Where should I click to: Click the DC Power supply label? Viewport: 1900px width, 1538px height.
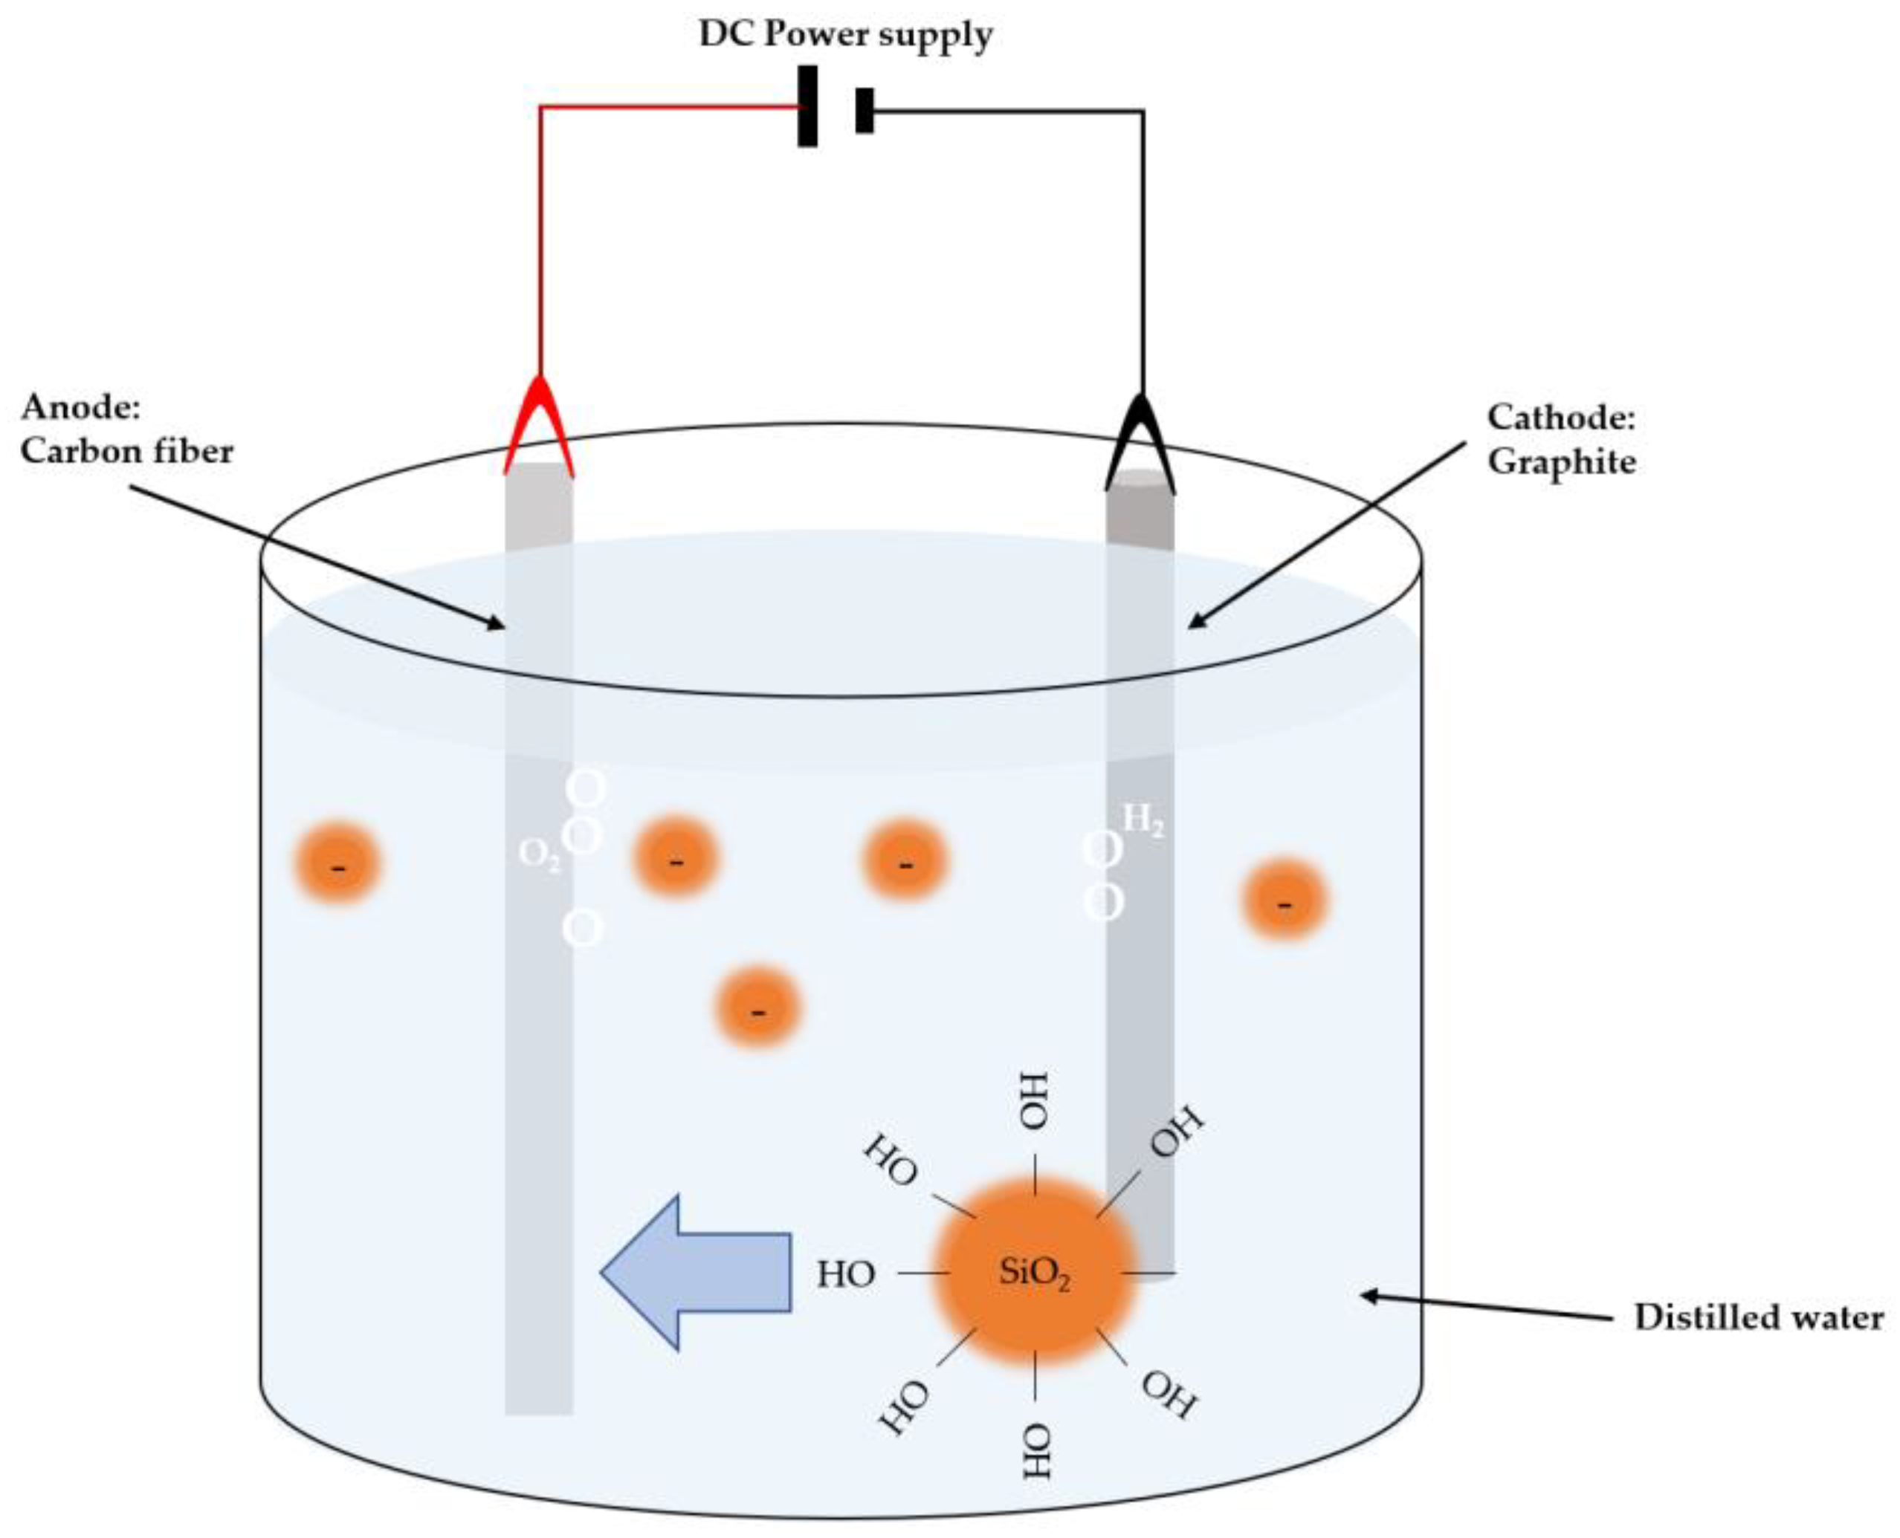pos(844,36)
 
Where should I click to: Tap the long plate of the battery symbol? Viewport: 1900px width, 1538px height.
pos(807,106)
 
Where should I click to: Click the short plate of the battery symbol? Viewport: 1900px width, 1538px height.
pos(864,110)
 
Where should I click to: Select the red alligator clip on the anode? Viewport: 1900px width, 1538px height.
pos(539,425)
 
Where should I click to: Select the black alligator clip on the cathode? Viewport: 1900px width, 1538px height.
pos(1140,443)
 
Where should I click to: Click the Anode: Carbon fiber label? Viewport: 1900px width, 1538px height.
pos(126,429)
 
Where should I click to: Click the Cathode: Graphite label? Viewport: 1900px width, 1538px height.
pos(1560,439)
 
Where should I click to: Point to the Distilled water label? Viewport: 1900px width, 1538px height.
pos(1758,1318)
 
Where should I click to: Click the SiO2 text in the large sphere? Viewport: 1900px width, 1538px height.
pos(1034,1273)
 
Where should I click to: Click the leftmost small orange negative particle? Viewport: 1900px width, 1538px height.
pos(337,865)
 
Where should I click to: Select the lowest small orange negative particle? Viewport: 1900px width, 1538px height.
pos(757,1009)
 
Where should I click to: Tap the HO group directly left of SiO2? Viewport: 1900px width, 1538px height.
pos(847,1274)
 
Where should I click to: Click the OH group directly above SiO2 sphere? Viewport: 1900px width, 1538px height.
pos(1033,1101)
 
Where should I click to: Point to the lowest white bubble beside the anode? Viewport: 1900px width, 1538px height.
pos(582,929)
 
